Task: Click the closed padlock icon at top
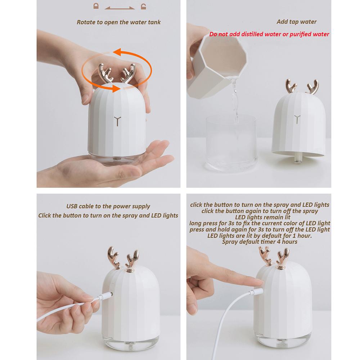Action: pyautogui.click(x=96, y=6)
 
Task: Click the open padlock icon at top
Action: pyautogui.click(x=143, y=6)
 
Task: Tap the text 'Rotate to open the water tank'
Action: pyautogui.click(x=119, y=22)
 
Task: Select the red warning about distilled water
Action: pyautogui.click(x=269, y=35)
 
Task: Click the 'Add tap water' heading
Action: pyautogui.click(x=296, y=22)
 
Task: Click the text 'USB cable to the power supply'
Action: pyautogui.click(x=108, y=206)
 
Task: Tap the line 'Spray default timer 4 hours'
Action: pyautogui.click(x=260, y=242)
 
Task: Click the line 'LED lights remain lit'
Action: pyautogui.click(x=260, y=217)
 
